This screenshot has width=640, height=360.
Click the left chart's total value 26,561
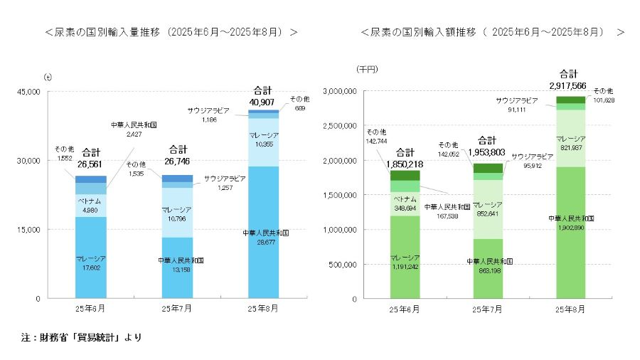pos(91,164)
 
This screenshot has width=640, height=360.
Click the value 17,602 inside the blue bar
pos(91,268)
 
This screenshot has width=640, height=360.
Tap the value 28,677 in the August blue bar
pos(264,241)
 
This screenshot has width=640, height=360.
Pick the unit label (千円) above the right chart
pos(367,69)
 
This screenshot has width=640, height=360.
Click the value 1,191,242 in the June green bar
pos(405,266)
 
